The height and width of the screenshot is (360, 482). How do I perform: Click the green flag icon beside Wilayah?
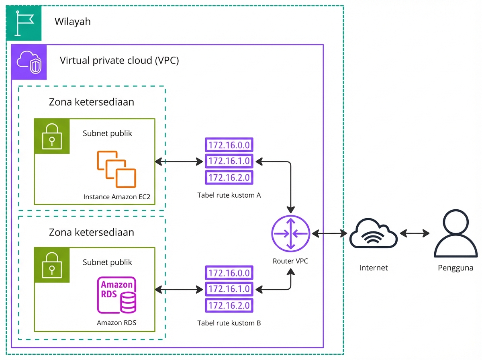(x=24, y=23)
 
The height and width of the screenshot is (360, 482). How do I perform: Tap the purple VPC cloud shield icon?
(x=29, y=62)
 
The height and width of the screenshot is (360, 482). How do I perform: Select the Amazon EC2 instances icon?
(x=116, y=169)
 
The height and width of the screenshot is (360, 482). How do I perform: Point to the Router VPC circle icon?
(x=290, y=233)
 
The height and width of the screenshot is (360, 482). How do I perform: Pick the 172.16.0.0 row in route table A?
(x=229, y=145)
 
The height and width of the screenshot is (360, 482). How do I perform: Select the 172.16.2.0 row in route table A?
(x=229, y=177)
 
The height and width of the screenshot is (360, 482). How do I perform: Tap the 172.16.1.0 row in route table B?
(x=229, y=289)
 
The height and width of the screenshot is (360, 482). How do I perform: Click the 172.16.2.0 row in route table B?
(x=229, y=305)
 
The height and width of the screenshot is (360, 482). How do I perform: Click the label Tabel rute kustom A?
(x=229, y=196)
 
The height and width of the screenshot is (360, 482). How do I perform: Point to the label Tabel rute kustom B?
(x=229, y=323)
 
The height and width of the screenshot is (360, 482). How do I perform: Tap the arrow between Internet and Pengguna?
(x=414, y=233)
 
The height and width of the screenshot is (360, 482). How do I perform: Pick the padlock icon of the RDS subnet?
(x=52, y=264)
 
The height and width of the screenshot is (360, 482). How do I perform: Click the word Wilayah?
(x=73, y=21)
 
